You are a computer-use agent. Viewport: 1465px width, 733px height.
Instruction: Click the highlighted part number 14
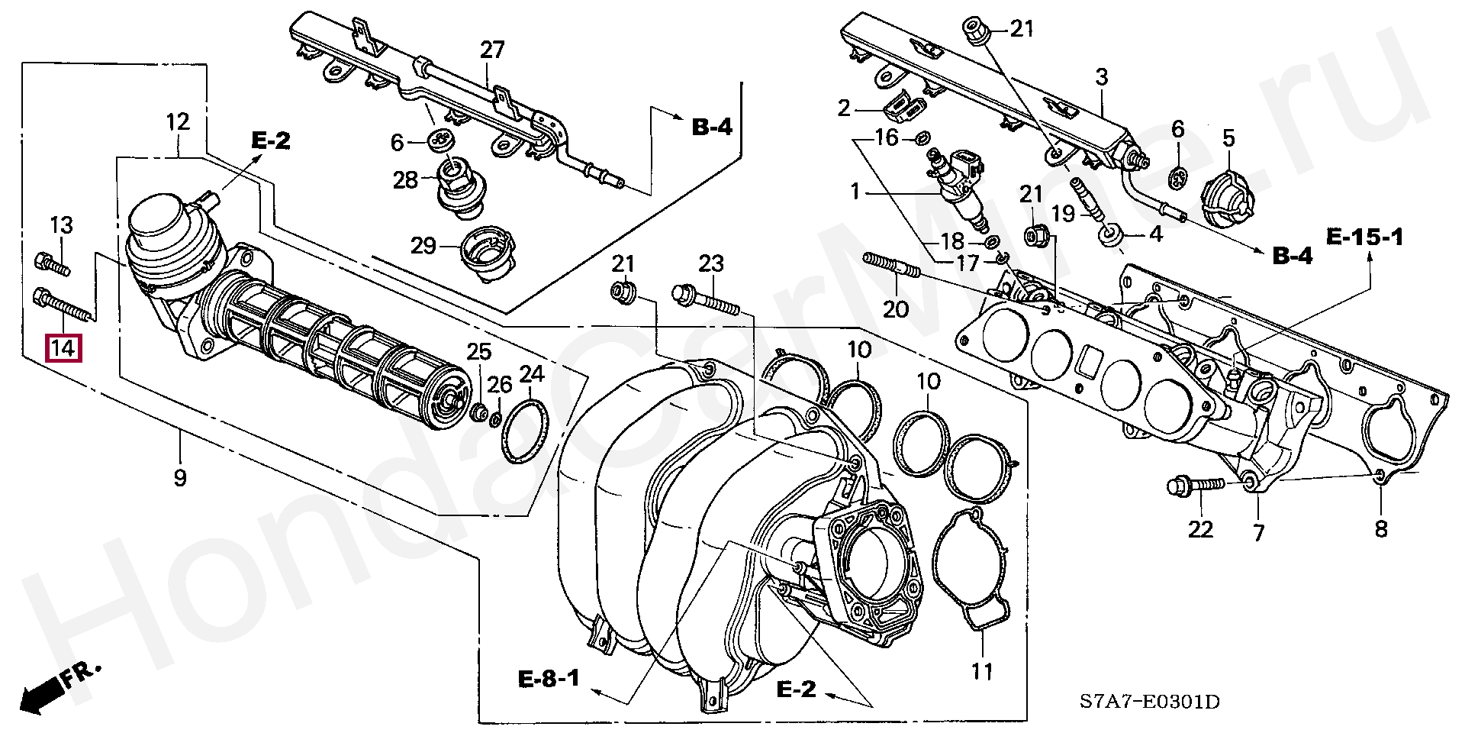pos(63,349)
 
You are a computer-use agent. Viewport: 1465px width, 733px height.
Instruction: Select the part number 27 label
pos(492,50)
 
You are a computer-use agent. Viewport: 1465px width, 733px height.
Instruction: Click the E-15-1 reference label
pos(1364,237)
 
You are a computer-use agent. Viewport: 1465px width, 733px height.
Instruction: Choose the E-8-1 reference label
pos(549,678)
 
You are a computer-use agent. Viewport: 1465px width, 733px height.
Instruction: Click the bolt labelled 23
pos(705,299)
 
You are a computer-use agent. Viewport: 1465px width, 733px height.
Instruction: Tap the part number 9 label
pos(180,479)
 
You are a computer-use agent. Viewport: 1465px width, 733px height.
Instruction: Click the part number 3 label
pos(1101,77)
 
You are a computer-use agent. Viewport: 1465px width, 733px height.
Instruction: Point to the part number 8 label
pos(1381,528)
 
